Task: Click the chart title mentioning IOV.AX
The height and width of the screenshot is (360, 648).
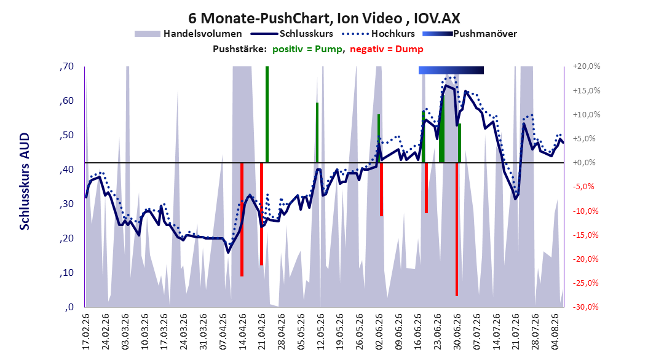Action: click(324, 18)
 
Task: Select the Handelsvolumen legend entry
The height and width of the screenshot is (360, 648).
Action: click(188, 34)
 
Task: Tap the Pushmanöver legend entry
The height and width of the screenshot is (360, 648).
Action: click(470, 34)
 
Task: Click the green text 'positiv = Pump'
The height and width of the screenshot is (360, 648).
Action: click(307, 49)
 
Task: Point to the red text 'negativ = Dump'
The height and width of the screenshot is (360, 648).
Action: click(387, 49)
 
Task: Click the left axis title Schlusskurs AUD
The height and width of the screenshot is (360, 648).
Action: click(25, 181)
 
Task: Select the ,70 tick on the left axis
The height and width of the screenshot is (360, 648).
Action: click(66, 66)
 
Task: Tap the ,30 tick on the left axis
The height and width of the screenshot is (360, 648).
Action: click(66, 204)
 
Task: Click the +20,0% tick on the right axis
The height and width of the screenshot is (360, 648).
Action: click(587, 66)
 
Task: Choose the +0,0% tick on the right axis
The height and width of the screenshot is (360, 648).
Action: click(584, 163)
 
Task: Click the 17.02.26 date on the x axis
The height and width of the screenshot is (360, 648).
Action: click(86, 332)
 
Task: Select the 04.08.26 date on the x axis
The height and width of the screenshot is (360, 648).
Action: click(555, 332)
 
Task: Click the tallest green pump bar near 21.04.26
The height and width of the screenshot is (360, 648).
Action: click(267, 114)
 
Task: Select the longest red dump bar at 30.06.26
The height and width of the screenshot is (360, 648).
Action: click(457, 230)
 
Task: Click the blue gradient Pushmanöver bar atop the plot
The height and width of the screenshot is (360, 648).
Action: click(451, 70)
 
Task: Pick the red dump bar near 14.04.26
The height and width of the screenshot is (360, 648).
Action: click(242, 220)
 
